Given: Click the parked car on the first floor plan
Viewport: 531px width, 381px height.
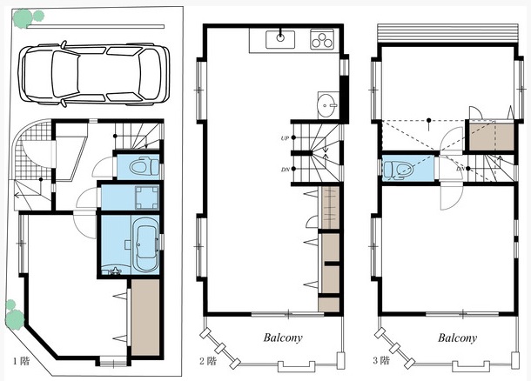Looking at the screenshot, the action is click(x=94, y=73).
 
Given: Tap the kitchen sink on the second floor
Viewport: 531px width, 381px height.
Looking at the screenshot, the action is click(x=280, y=39).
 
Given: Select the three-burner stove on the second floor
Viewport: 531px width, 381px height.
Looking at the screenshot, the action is click(x=322, y=40).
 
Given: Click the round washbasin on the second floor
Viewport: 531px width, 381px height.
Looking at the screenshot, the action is click(x=327, y=105).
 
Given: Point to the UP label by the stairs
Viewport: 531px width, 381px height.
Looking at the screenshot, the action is click(x=285, y=138).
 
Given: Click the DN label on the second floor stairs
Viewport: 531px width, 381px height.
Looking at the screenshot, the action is click(x=285, y=170).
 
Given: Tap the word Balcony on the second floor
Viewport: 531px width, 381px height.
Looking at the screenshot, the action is click(x=283, y=338).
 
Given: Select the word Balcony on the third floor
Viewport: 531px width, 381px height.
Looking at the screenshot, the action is click(x=457, y=338).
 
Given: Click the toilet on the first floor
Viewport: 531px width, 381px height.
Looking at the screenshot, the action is click(x=145, y=166).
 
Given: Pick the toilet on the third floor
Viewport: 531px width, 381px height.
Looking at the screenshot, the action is click(x=399, y=169).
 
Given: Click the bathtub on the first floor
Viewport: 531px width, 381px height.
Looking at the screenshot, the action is click(x=146, y=244).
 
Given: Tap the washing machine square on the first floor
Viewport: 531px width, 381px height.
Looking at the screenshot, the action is click(x=147, y=197).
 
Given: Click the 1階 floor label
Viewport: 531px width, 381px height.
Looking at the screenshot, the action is click(x=22, y=361).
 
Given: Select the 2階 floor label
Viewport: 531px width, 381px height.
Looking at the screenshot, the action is click(x=207, y=361).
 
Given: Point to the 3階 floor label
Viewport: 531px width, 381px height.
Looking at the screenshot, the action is click(x=381, y=360).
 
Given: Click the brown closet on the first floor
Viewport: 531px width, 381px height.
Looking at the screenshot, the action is click(x=145, y=317).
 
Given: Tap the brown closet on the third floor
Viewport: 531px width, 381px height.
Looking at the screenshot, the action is click(x=491, y=137).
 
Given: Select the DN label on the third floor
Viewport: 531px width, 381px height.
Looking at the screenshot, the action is click(x=460, y=169).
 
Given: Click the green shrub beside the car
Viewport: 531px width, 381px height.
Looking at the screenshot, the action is click(x=28, y=17).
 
